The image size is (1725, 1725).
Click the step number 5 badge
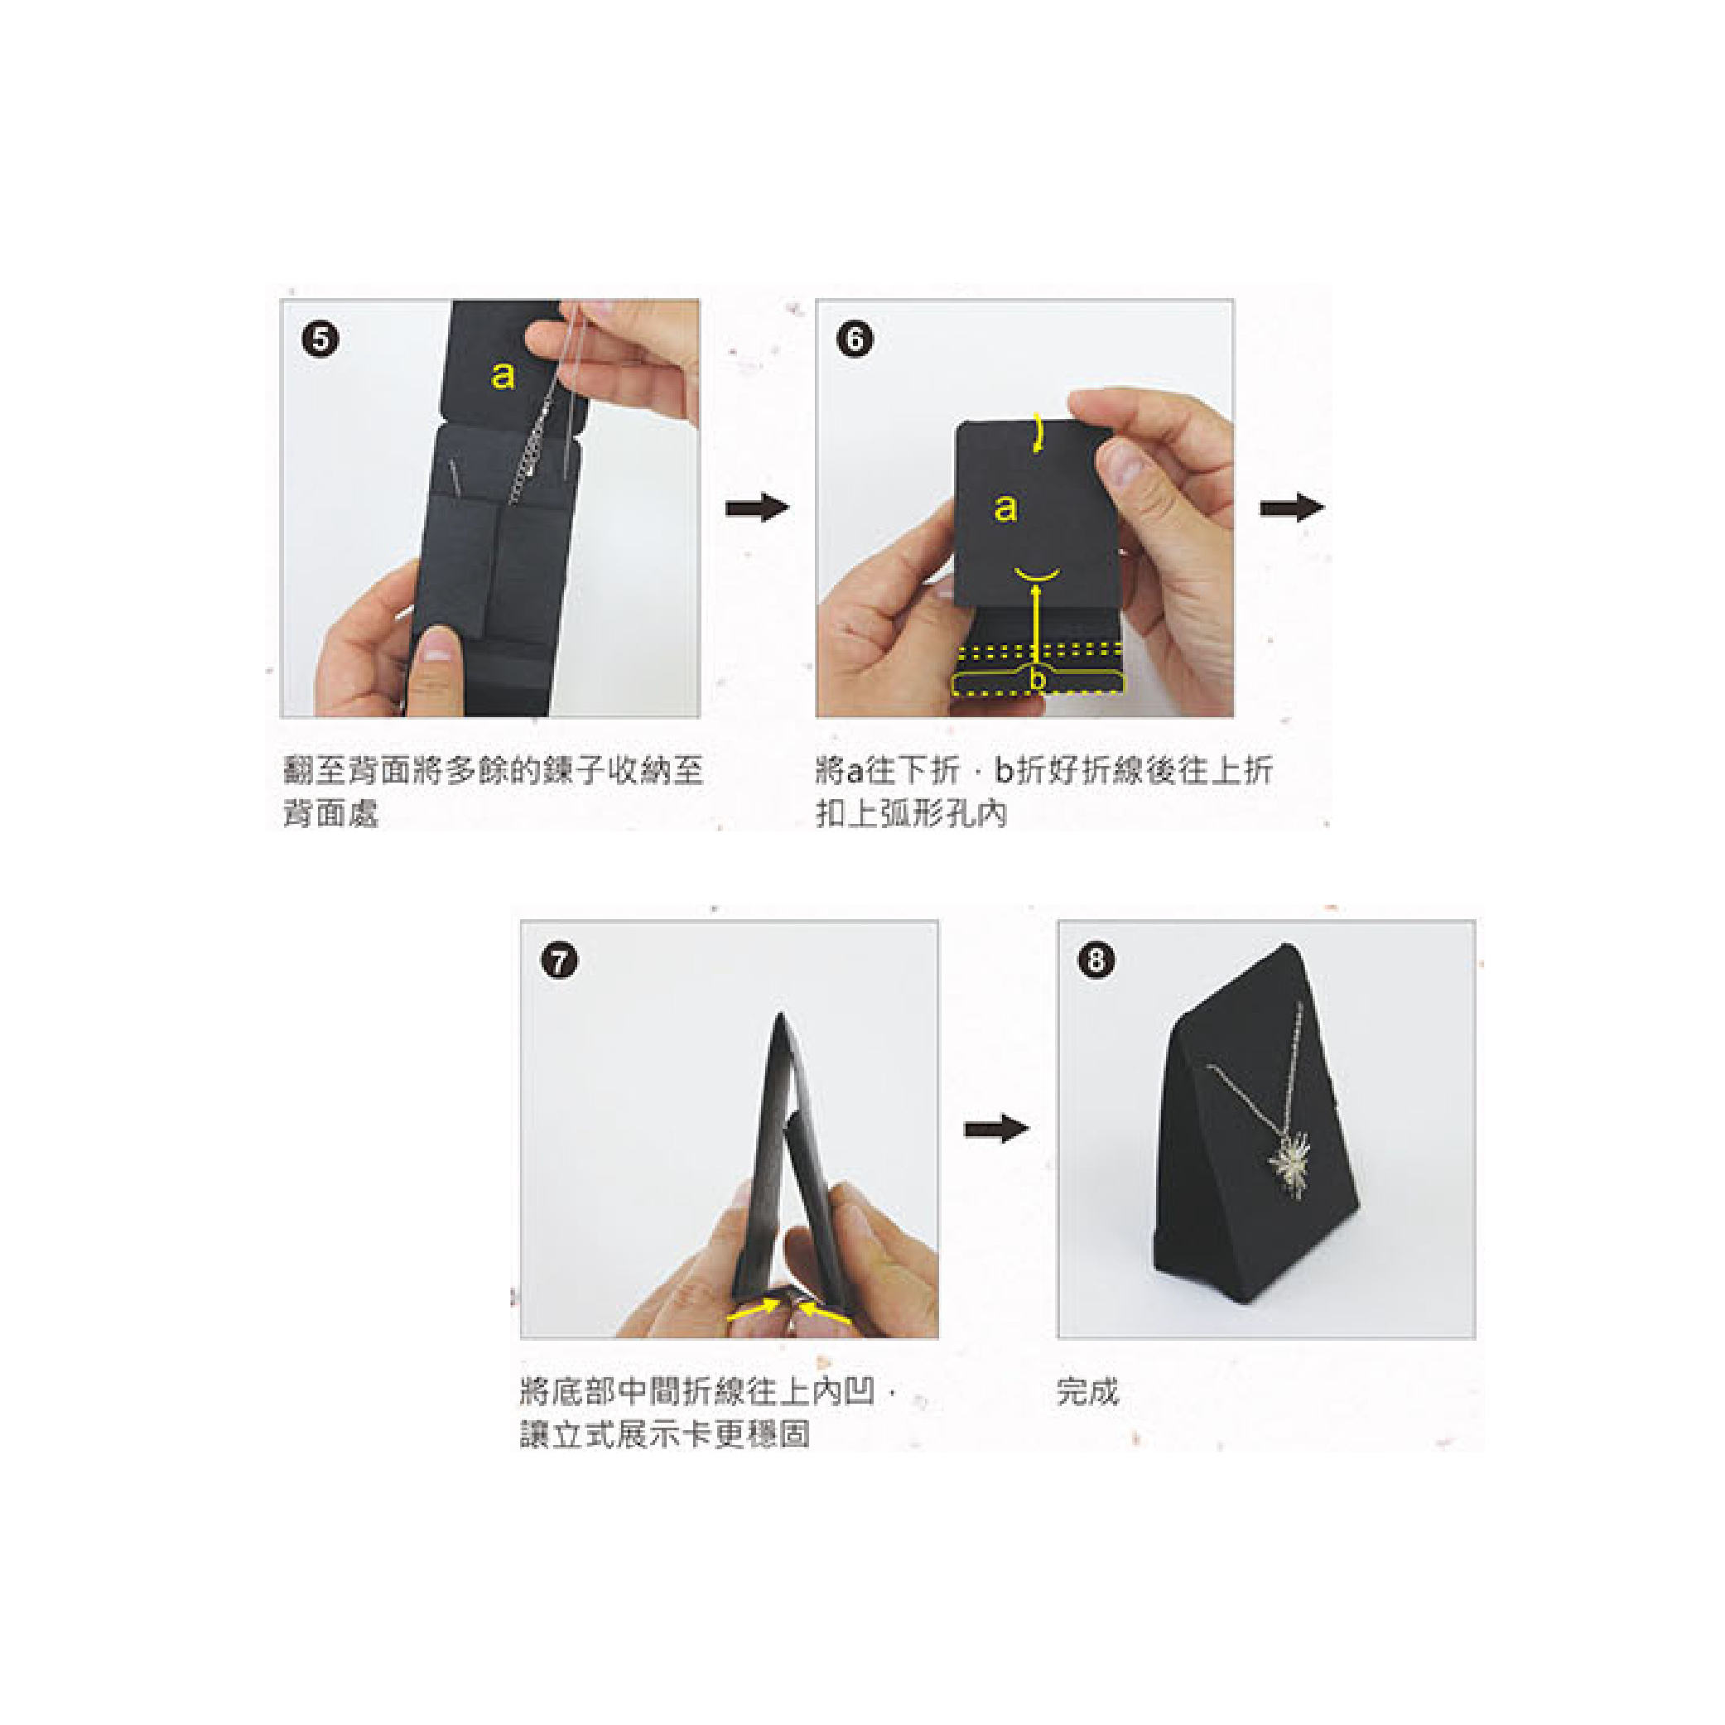(320, 340)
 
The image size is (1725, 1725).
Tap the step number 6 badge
(855, 340)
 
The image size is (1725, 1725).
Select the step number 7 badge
(560, 961)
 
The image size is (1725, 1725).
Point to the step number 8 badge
(1096, 961)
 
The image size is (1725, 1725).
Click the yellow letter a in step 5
(503, 375)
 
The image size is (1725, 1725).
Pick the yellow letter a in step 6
(1005, 507)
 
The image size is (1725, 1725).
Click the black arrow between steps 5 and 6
(757, 508)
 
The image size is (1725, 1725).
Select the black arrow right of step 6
(1292, 507)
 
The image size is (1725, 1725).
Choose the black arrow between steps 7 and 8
(996, 1129)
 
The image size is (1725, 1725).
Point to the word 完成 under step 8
(1087, 1391)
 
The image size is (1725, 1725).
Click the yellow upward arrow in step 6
(1036, 625)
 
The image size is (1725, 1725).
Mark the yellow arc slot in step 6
(1038, 572)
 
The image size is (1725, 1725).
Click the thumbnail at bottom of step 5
(437, 644)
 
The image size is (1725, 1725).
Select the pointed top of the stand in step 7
(780, 1015)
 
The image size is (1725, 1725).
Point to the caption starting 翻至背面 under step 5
(494, 791)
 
